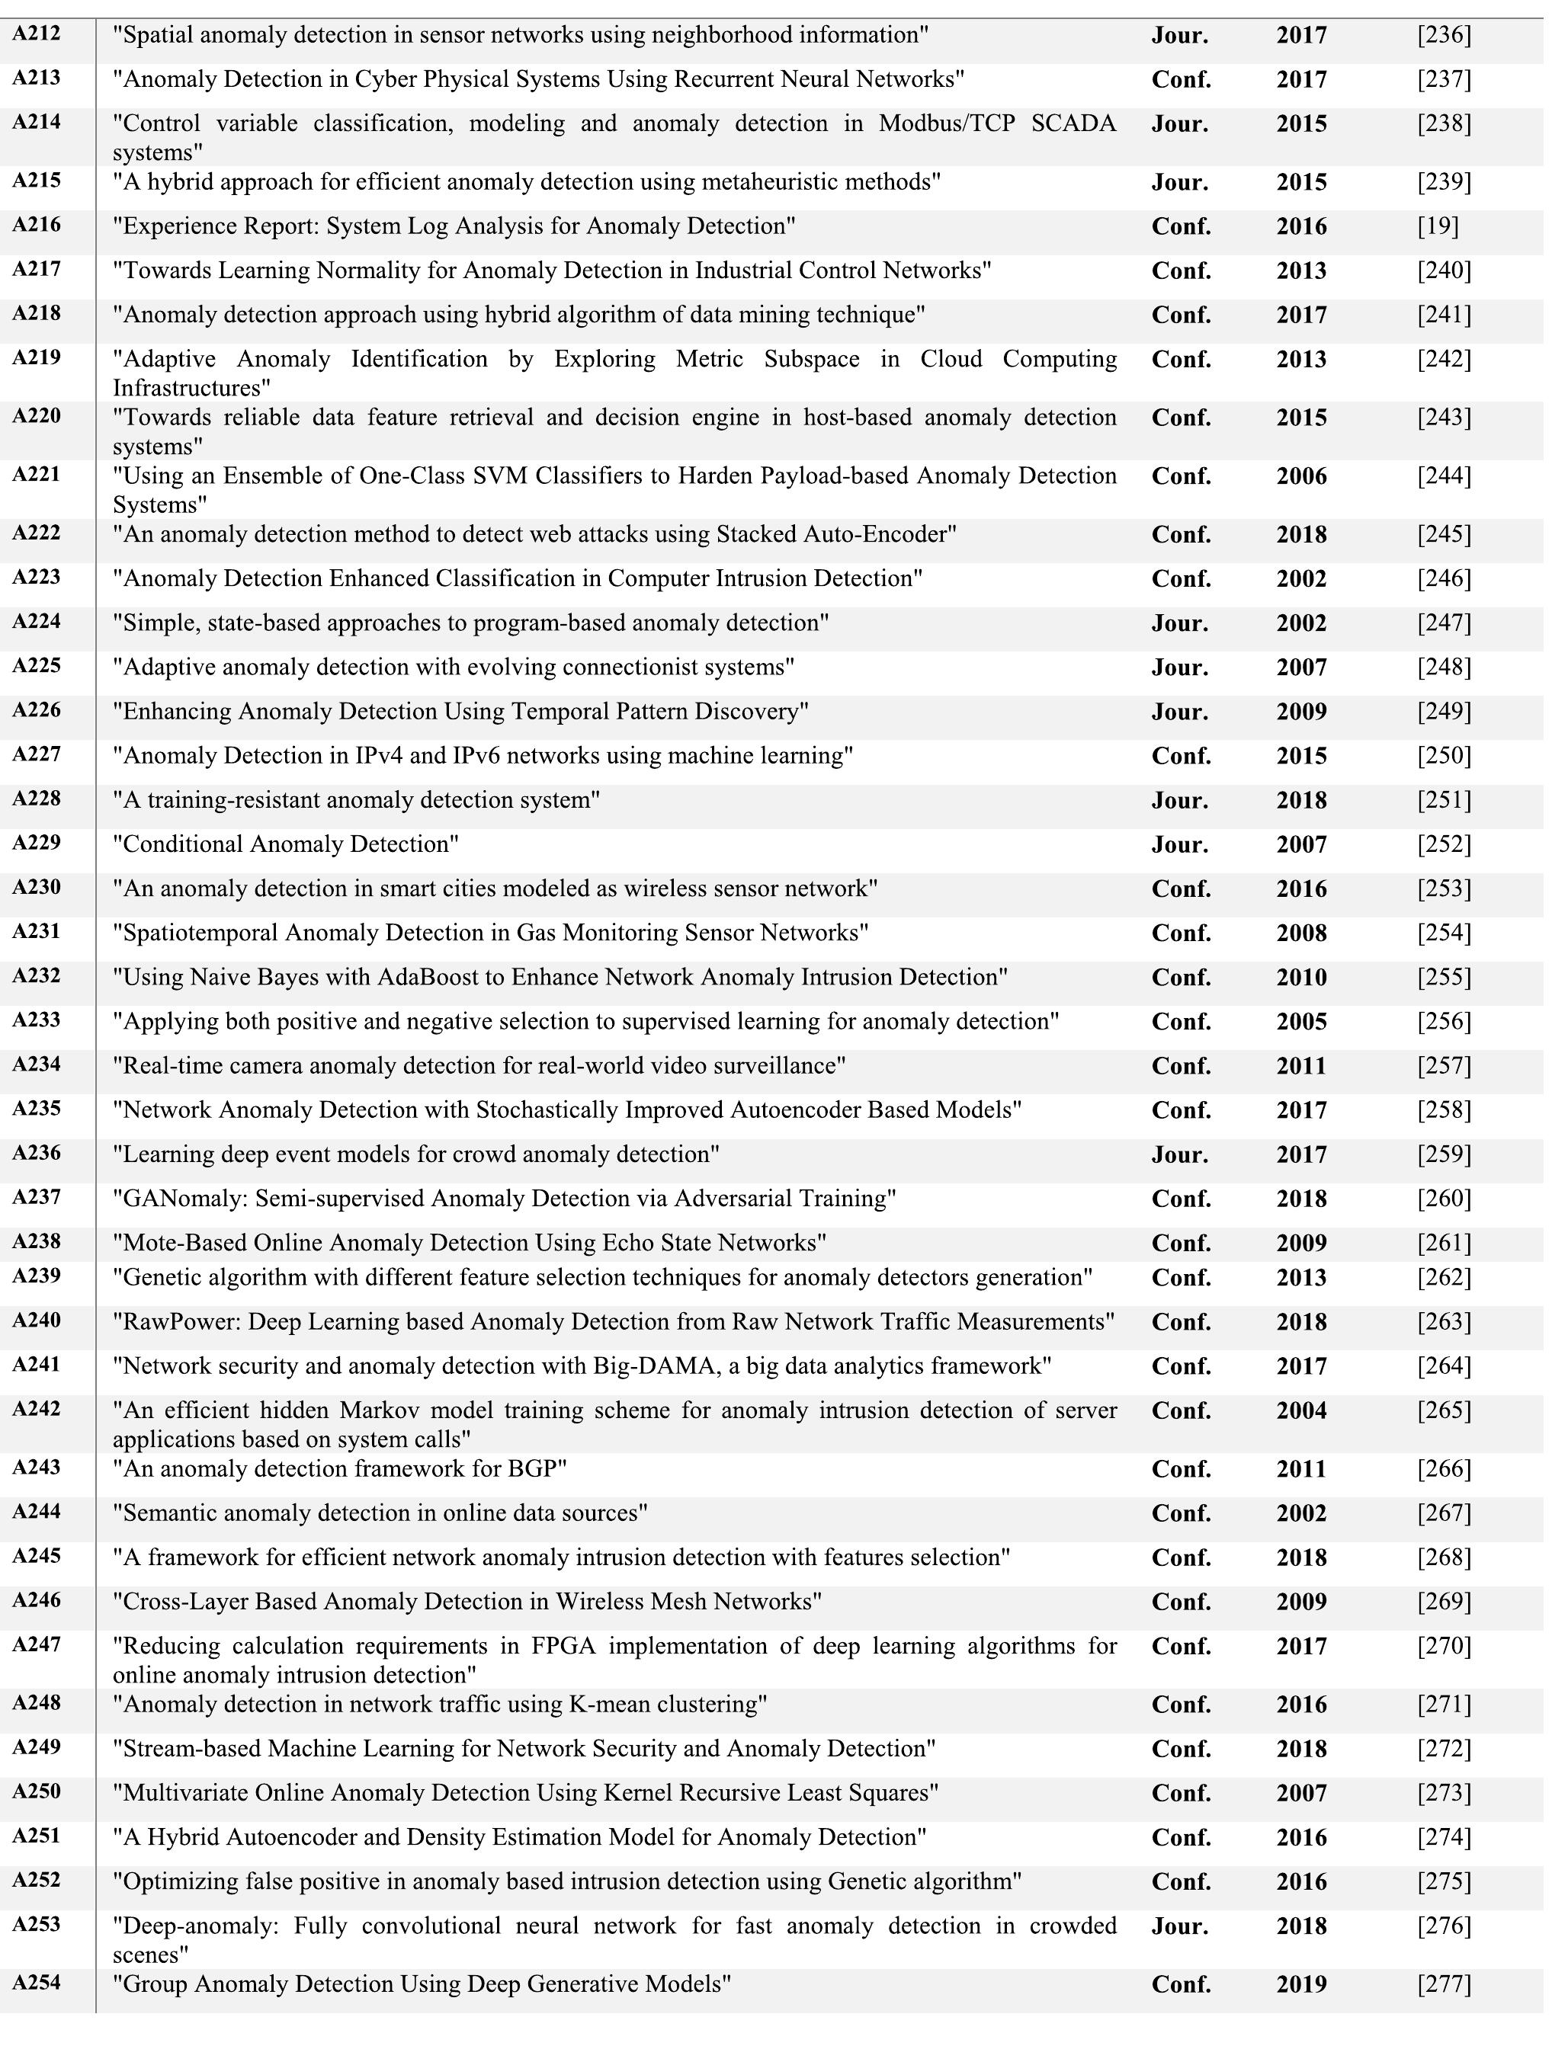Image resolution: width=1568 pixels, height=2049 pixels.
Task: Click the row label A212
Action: coord(37,34)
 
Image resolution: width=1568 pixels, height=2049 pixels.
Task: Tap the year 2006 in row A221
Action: coord(1301,477)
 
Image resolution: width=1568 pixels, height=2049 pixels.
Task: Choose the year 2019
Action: coord(1301,1985)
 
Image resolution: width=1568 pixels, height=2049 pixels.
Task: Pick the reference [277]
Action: coord(1443,1985)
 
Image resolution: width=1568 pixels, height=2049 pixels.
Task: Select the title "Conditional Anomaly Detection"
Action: coord(286,844)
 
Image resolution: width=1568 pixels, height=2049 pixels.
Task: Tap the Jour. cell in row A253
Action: coord(1180,1926)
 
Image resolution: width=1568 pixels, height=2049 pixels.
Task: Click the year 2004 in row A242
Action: coord(1301,1410)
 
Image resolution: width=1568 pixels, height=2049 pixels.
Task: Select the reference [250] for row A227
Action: coord(1443,756)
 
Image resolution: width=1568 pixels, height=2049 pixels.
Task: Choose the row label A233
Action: coord(37,1019)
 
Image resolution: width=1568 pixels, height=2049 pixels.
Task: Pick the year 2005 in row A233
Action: coord(1301,1022)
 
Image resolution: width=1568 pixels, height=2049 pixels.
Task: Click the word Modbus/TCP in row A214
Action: coord(947,123)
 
